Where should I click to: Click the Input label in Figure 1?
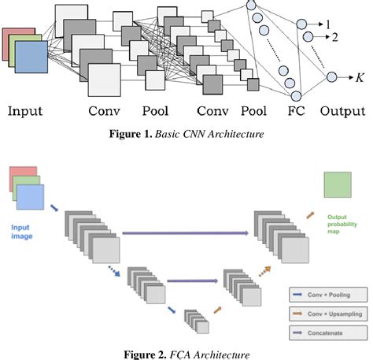click(25, 111)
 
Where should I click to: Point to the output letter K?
click(360, 78)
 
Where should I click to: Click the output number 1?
click(328, 25)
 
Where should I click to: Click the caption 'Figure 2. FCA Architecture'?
click(186, 354)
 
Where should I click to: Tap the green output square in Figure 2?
click(338, 186)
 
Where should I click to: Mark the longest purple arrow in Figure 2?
click(185, 233)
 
